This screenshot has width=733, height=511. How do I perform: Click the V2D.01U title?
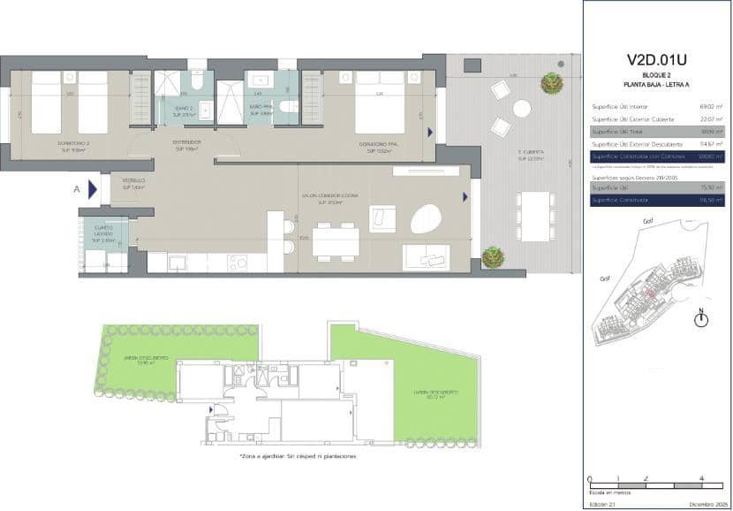(656, 59)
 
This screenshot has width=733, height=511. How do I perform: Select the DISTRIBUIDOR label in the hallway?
(186, 144)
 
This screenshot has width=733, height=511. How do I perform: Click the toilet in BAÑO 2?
(195, 82)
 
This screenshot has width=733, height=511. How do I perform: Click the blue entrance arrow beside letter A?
(92, 188)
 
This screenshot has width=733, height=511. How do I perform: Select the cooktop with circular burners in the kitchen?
(239, 263)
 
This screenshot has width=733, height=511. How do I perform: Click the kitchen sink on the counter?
(177, 263)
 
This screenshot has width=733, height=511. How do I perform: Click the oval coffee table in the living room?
(429, 217)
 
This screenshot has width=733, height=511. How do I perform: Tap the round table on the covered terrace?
(522, 109)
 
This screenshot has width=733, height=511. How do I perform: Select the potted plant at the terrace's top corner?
(553, 83)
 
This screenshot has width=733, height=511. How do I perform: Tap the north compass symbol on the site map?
(700, 319)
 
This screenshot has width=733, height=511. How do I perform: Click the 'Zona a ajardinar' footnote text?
(298, 457)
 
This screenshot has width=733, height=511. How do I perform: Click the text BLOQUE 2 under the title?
(656, 76)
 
